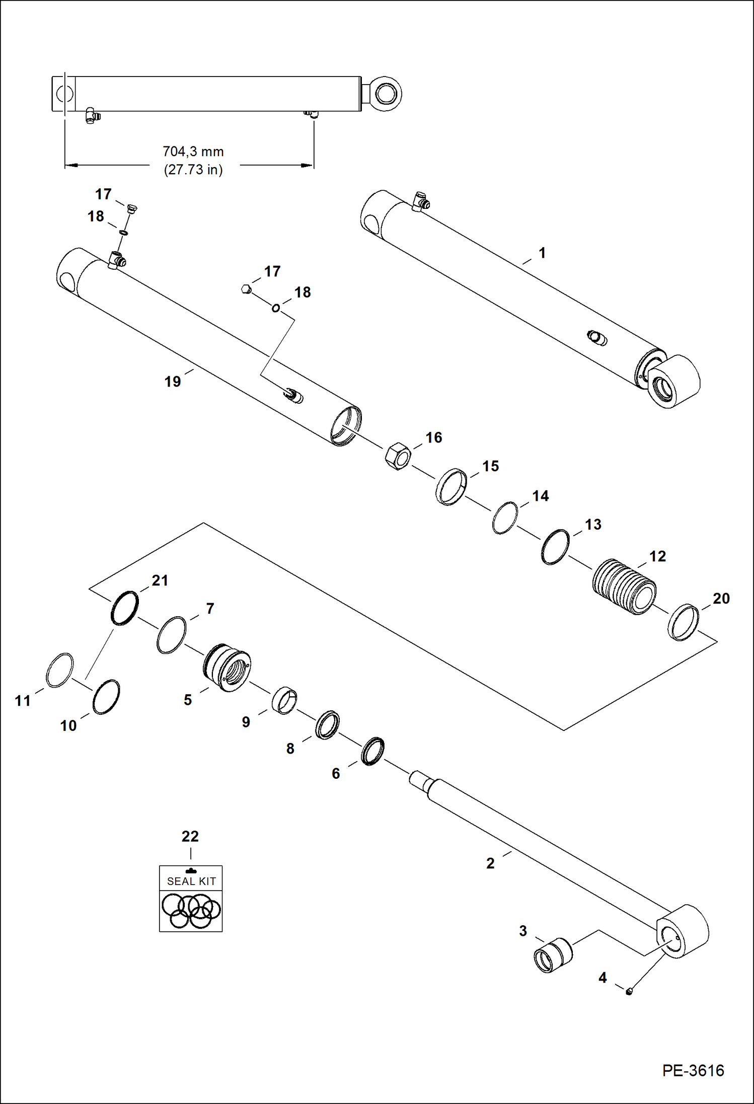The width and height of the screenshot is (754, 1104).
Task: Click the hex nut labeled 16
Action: pyautogui.click(x=398, y=456)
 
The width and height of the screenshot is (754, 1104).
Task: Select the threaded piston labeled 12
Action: pyautogui.click(x=624, y=586)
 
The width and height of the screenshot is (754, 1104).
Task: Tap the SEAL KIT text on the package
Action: pyautogui.click(x=191, y=881)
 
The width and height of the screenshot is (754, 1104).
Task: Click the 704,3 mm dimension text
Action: pyautogui.click(x=193, y=152)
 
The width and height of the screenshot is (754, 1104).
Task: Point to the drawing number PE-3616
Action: pyautogui.click(x=693, y=1070)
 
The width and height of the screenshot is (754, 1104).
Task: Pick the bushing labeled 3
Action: pyautogui.click(x=552, y=955)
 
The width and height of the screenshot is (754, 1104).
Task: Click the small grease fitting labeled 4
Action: pyautogui.click(x=629, y=991)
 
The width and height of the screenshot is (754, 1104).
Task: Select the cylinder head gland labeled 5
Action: pyautogui.click(x=227, y=668)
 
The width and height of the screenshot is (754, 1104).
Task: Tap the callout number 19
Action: pyautogui.click(x=173, y=382)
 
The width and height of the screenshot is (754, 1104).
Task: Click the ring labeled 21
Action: pyautogui.click(x=124, y=608)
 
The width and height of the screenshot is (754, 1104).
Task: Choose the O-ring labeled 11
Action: pyautogui.click(x=59, y=670)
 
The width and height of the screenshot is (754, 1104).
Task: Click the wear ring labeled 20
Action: pyautogui.click(x=683, y=622)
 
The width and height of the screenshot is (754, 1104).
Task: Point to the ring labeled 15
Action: pyautogui.click(x=451, y=486)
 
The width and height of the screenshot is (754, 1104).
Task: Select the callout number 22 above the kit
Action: pyautogui.click(x=190, y=836)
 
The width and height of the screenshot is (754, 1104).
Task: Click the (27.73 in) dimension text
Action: pyautogui.click(x=193, y=170)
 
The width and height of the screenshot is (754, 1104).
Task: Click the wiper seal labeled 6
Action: pyautogui.click(x=373, y=752)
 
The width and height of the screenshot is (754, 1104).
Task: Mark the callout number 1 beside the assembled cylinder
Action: pyautogui.click(x=542, y=253)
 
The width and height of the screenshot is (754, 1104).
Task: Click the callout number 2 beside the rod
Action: pyautogui.click(x=490, y=863)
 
